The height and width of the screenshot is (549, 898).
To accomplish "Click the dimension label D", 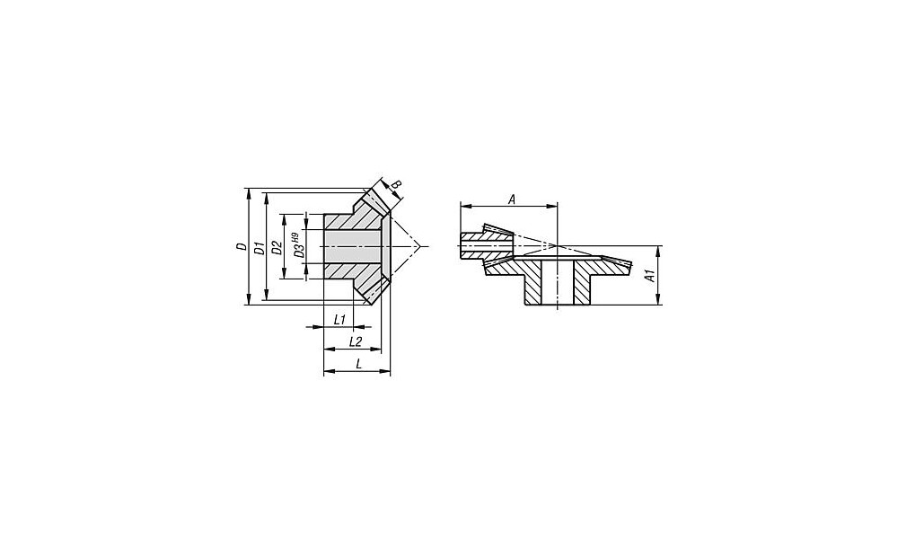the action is coord(242,246).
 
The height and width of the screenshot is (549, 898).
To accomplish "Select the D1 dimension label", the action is coord(260,248).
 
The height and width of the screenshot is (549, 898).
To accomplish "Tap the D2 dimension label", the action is coord(277,248).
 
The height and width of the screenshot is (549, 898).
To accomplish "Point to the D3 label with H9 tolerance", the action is coord(296,244).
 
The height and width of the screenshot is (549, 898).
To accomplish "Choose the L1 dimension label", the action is coord(339,319).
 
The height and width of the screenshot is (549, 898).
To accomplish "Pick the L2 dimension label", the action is coord(355,341).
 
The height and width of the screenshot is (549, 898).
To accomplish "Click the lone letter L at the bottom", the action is coord(358,364).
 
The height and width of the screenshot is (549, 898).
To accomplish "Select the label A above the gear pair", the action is coord(513,199).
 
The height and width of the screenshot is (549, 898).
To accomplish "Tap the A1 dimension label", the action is coord(649,275).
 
